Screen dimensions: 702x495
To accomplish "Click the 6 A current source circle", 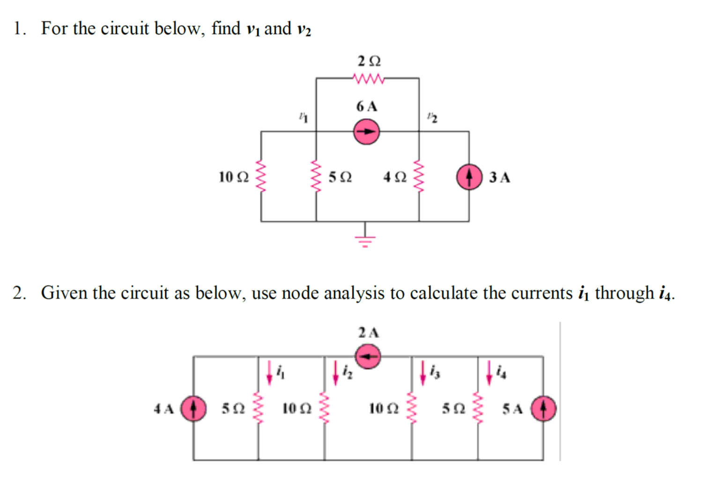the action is (366, 132).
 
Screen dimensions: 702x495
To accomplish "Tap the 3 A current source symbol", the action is (469, 177).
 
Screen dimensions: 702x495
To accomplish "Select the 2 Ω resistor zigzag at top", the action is (369, 79).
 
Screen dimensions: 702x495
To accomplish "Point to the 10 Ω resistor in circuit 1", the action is (261, 177).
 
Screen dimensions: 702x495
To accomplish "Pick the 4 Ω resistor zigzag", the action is (419, 177).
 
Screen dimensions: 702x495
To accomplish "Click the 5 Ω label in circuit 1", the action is (340, 177).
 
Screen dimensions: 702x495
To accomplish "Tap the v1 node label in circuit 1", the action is (303, 118).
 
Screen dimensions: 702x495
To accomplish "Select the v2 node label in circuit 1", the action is (432, 118).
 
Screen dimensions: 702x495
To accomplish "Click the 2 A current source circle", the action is (368, 356).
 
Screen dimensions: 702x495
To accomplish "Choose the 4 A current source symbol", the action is (193, 408).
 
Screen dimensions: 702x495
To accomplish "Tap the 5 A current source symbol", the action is (543, 408).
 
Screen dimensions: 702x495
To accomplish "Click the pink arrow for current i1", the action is (270, 372).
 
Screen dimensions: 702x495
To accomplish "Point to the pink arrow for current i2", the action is (336, 372).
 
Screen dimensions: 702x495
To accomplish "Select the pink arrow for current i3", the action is (423, 372).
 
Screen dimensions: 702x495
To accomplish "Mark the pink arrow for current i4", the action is (489, 372).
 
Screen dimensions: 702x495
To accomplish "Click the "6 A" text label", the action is (366, 106).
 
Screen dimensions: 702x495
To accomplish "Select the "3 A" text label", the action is (500, 177).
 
